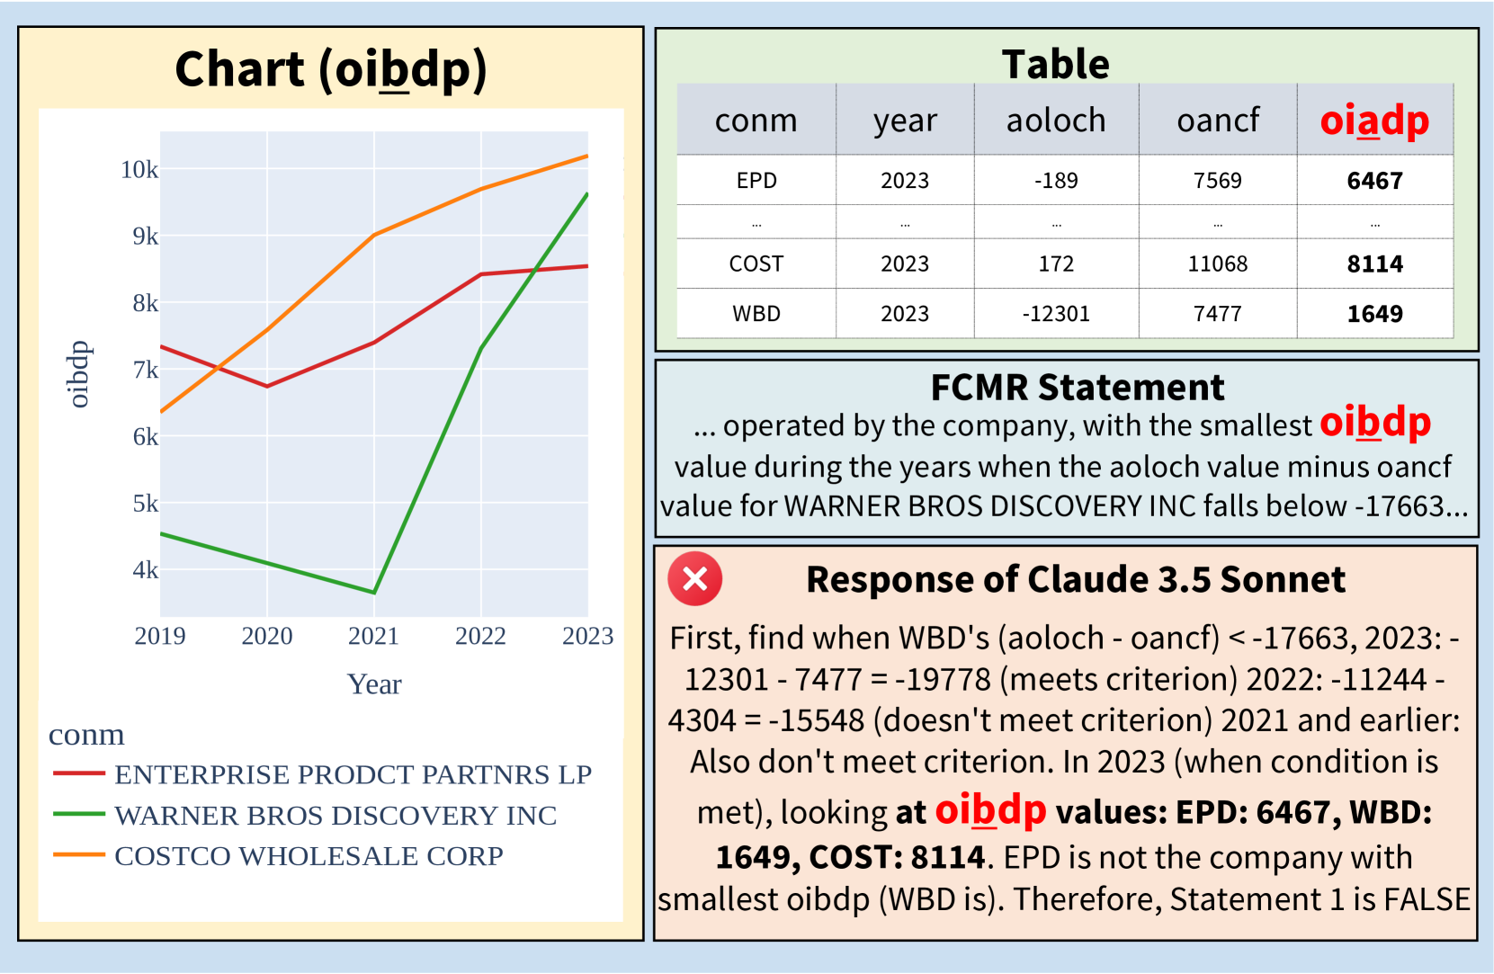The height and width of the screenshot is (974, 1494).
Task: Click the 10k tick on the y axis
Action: tap(139, 170)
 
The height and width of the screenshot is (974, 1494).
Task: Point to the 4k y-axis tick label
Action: tap(146, 570)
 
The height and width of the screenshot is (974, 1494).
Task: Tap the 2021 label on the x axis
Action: tap(373, 636)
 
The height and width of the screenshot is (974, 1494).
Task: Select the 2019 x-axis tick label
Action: tap(160, 636)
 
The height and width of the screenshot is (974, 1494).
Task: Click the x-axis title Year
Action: tap(374, 684)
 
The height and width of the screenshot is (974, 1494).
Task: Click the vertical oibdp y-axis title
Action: tap(78, 374)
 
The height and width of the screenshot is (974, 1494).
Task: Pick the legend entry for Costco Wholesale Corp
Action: tap(278, 856)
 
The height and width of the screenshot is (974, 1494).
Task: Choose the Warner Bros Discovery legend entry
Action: tap(305, 816)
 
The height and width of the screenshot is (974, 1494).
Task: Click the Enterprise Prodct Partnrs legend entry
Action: tap(322, 774)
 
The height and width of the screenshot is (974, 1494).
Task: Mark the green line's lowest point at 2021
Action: tap(374, 592)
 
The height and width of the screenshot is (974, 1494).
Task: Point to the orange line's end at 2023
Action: tap(587, 156)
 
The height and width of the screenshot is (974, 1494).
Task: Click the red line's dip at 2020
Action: tap(267, 386)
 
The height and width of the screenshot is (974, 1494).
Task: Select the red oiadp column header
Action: tap(1374, 121)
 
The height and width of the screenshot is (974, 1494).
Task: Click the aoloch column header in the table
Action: tap(1056, 121)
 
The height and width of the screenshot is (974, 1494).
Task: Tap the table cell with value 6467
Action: tap(1374, 181)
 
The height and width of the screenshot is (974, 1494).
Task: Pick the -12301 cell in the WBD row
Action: tap(1056, 313)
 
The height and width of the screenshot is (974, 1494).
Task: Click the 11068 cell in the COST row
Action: tap(1218, 264)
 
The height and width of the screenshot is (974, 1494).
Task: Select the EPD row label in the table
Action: tap(756, 181)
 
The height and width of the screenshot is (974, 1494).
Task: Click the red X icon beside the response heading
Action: tap(695, 578)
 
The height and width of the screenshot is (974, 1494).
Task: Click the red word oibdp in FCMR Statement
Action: tap(1375, 424)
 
